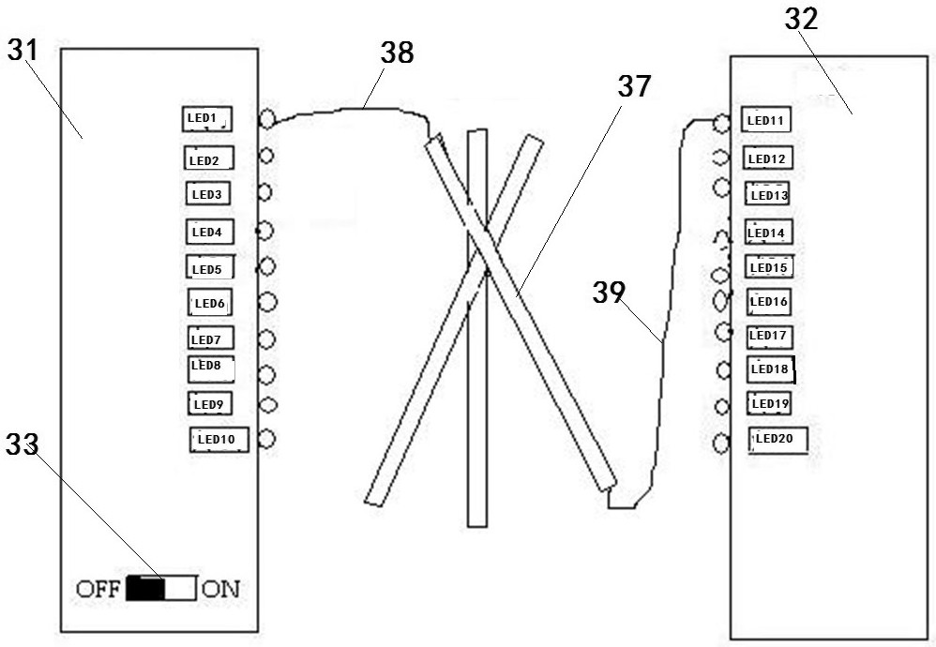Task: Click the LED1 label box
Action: point(206,119)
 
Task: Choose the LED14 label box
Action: point(767,232)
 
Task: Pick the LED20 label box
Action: point(777,439)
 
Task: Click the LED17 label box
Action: point(769,336)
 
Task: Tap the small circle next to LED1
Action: point(266,119)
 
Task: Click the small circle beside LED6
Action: point(266,302)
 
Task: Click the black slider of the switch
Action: point(145,589)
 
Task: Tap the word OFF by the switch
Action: point(99,589)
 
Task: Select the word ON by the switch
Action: point(221,589)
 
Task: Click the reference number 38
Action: point(397,53)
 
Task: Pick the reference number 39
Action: point(608,293)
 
